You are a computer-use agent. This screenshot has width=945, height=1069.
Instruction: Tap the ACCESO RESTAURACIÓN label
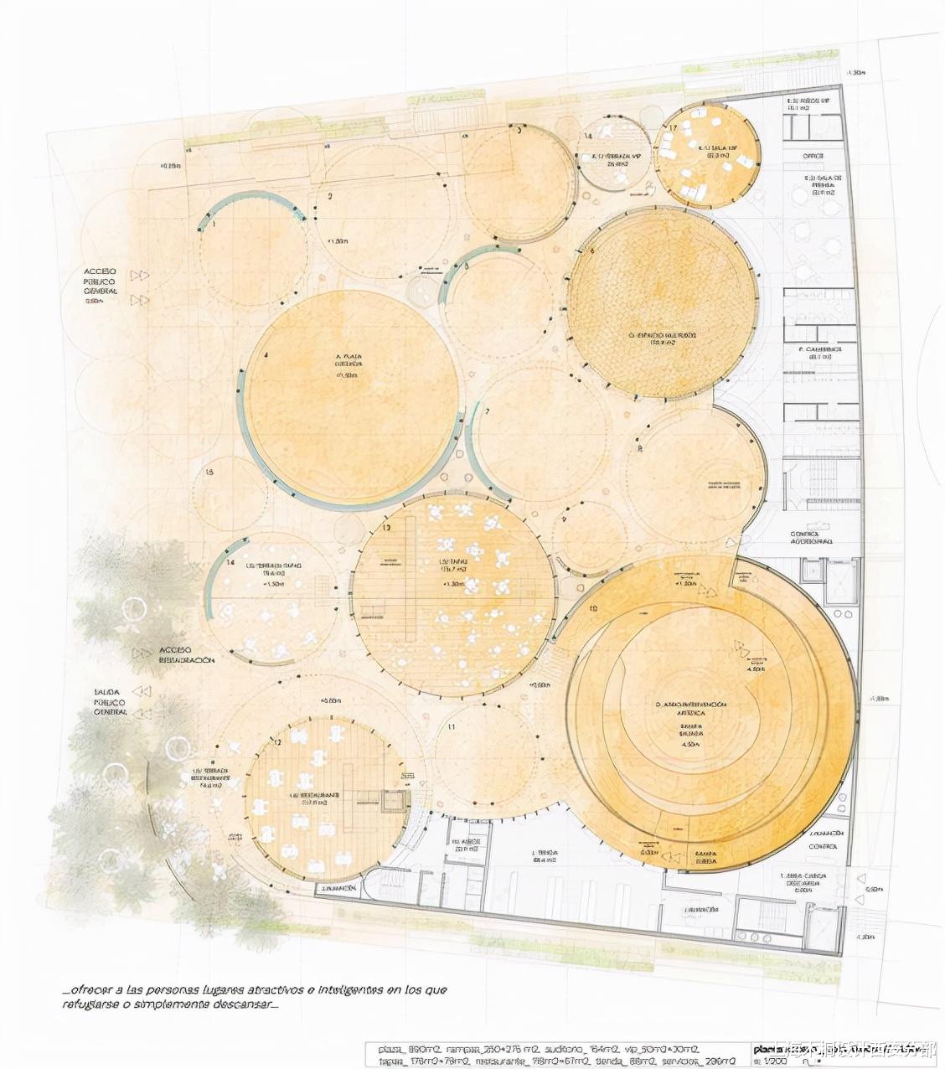coord(186,655)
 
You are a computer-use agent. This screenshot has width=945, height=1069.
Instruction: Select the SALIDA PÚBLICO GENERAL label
coord(110,702)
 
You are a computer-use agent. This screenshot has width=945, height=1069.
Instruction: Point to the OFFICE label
coord(813,157)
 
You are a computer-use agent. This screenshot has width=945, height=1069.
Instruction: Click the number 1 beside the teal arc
coord(214,225)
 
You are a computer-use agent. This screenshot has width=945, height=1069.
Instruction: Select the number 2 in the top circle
coord(330,197)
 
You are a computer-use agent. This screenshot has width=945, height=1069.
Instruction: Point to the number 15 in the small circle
coord(209,473)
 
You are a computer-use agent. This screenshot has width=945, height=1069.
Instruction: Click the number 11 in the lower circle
coord(451,726)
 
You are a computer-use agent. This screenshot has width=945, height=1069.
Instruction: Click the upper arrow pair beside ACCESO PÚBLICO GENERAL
coord(140,275)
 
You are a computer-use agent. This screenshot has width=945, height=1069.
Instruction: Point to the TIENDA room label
coord(545,855)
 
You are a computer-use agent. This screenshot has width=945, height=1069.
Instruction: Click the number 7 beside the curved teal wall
coord(487,412)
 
